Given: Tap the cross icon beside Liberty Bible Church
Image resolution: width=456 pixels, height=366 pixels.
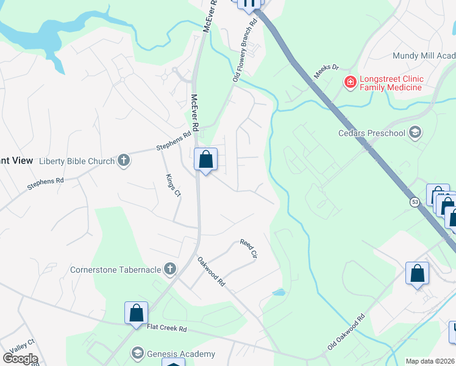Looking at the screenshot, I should [x=124, y=161].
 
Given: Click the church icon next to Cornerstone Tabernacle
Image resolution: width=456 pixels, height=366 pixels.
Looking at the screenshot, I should [x=170, y=269].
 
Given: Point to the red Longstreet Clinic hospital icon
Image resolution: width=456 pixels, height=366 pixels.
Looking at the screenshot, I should [x=350, y=82].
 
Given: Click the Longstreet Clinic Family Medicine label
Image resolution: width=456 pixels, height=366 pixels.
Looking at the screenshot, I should [x=391, y=84].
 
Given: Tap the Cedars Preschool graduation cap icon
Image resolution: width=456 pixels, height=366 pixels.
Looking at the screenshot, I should [x=415, y=133].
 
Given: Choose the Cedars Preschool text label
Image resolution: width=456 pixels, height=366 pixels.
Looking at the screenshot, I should [x=372, y=133].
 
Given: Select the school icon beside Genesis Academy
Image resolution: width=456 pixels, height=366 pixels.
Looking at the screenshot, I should [x=138, y=354].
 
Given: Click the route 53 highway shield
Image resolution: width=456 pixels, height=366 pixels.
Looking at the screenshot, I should [x=415, y=201].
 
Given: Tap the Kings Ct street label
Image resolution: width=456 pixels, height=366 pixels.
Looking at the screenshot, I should [x=173, y=185].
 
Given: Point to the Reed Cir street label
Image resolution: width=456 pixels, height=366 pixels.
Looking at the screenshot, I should [x=249, y=248].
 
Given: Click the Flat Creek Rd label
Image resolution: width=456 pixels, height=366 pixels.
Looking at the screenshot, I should [x=166, y=328].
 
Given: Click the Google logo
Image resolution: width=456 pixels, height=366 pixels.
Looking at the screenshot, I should [x=20, y=358].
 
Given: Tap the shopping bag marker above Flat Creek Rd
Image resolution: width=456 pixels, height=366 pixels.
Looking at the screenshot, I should [x=137, y=313].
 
